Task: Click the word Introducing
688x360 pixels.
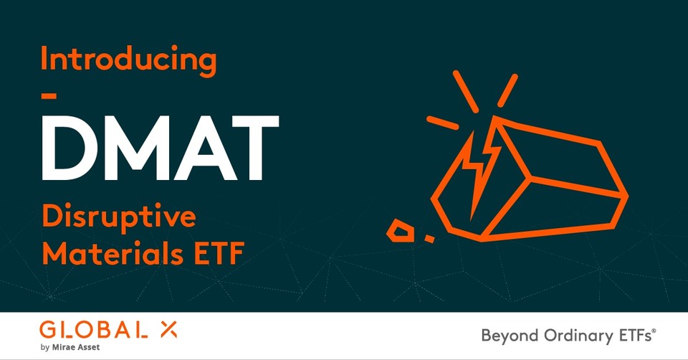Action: (x=128, y=60)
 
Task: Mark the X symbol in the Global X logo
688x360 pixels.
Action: (x=168, y=330)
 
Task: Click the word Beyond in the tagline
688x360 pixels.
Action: (x=505, y=335)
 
